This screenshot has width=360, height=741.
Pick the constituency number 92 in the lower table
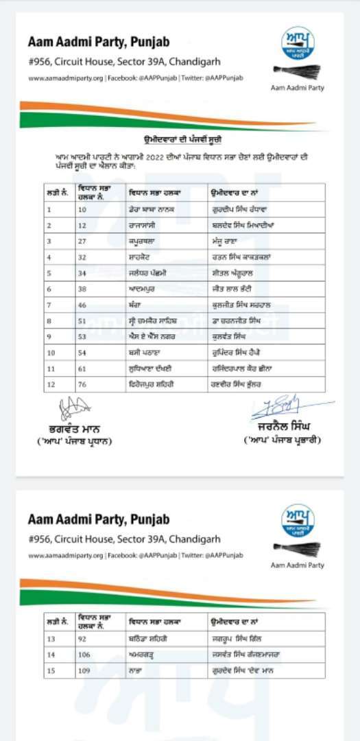click(83, 639)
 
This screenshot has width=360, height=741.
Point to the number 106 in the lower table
click(84, 655)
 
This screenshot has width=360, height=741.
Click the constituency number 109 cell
click(84, 670)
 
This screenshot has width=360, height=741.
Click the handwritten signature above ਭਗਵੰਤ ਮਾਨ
click(71, 410)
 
